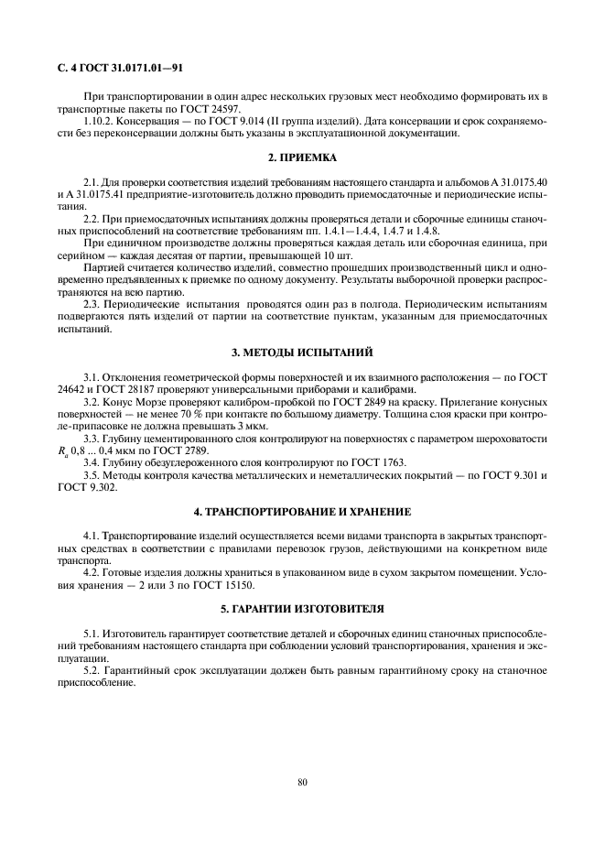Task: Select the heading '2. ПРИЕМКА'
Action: pos(303,158)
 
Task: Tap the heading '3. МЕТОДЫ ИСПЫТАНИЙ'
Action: pos(303,352)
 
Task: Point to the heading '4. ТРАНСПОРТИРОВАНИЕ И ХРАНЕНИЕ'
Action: pos(303,510)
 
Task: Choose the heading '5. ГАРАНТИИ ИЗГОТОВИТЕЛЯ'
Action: pos(303,608)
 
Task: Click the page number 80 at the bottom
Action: pos(302,781)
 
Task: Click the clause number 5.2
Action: pos(93,669)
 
